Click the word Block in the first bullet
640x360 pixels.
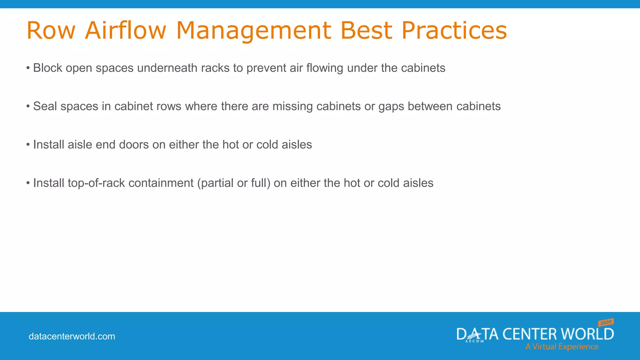pos(47,68)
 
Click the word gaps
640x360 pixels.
pos(391,107)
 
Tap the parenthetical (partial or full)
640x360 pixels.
pos(233,183)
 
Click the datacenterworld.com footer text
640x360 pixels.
pos(72,336)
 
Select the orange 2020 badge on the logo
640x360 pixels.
pos(606,322)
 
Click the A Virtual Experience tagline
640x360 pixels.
pos(562,347)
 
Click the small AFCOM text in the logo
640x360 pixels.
pos(474,341)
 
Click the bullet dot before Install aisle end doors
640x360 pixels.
pos(28,145)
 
